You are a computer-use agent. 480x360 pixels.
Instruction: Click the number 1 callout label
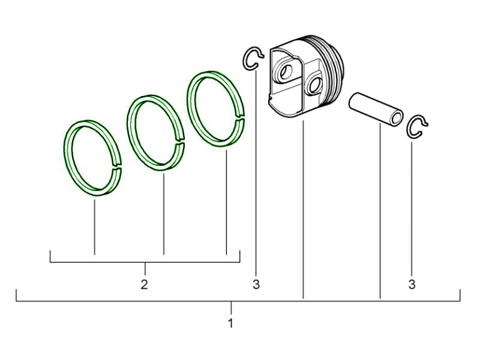231,323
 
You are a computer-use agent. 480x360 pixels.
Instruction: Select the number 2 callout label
144,284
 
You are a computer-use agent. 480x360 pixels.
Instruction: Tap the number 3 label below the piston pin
412,284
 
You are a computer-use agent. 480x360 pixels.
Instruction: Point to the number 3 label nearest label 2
256,284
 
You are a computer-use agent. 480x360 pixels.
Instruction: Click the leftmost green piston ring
68,159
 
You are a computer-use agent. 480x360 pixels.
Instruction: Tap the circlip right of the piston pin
409,128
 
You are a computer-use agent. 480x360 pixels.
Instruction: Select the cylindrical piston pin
376,109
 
